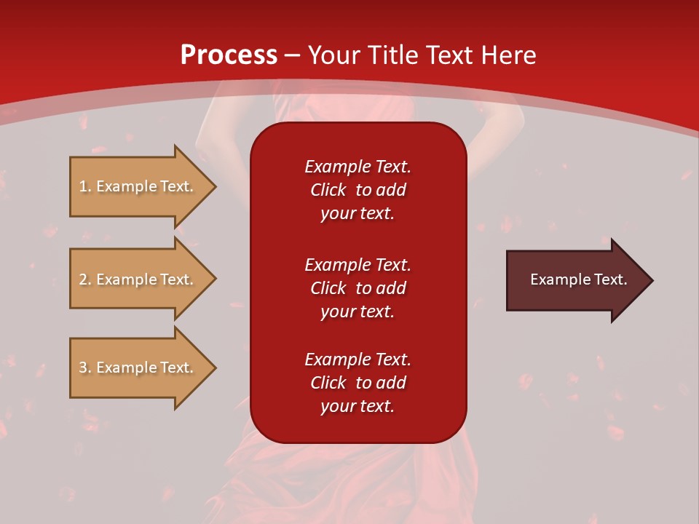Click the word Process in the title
pyautogui.click(x=229, y=55)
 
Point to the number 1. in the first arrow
pyautogui.click(x=84, y=186)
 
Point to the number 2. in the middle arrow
pyautogui.click(x=84, y=279)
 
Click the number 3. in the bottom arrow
pyautogui.click(x=84, y=368)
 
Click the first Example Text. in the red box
pyautogui.click(x=358, y=167)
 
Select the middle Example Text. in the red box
pyautogui.click(x=358, y=264)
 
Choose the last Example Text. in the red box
pyautogui.click(x=358, y=360)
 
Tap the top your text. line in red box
pyautogui.click(x=358, y=213)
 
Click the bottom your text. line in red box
pyautogui.click(x=358, y=406)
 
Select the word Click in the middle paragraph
pyautogui.click(x=328, y=288)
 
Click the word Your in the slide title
pyautogui.click(x=336, y=55)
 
